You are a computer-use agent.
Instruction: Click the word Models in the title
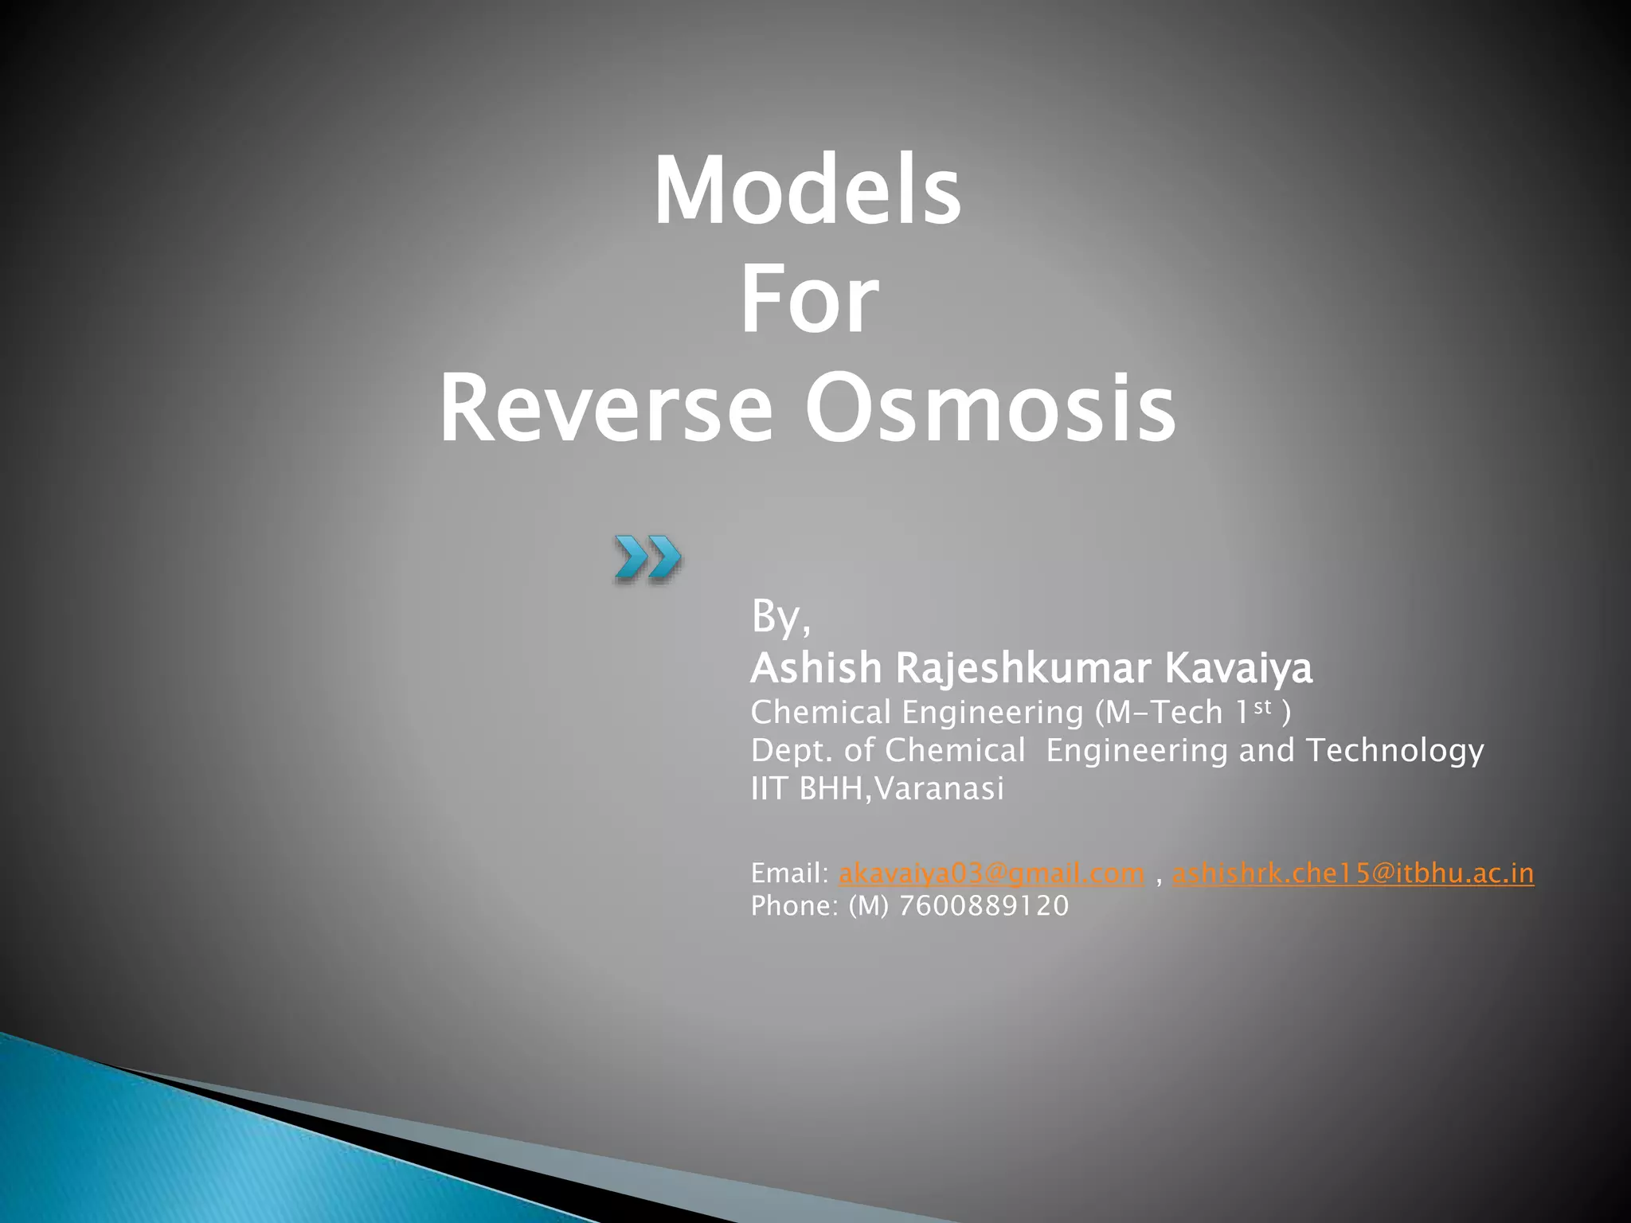[x=808, y=192]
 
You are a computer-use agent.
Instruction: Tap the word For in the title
[x=809, y=302]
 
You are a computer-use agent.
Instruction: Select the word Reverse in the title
[x=605, y=409]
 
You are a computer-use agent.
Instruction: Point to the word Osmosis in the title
[x=989, y=409]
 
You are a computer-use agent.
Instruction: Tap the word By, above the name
[x=780, y=618]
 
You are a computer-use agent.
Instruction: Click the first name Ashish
[x=816, y=668]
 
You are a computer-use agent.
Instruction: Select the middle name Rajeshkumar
[x=1023, y=668]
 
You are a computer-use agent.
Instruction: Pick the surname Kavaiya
[x=1238, y=668]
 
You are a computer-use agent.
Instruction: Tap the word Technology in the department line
[x=1394, y=750]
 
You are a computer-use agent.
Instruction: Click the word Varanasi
[x=939, y=789]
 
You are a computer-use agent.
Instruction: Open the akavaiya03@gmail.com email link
[x=992, y=873]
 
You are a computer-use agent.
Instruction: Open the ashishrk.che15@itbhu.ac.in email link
[x=1352, y=873]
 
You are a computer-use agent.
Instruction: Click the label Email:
[x=790, y=873]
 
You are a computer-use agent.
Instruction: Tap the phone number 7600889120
[x=984, y=906]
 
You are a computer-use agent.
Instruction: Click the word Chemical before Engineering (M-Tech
[x=820, y=712]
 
